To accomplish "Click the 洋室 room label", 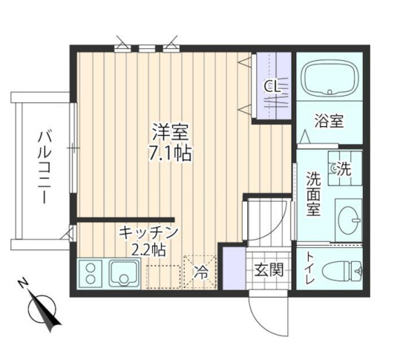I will (x=171, y=134).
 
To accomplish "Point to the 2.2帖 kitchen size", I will (x=148, y=249).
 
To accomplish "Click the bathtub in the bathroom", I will (x=329, y=79).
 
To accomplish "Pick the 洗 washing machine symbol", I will (x=342, y=169).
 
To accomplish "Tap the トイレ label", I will (x=309, y=269).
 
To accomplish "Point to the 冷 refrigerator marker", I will (x=201, y=272).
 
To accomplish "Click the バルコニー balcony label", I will (x=43, y=168).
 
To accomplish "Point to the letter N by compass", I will (x=23, y=284).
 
